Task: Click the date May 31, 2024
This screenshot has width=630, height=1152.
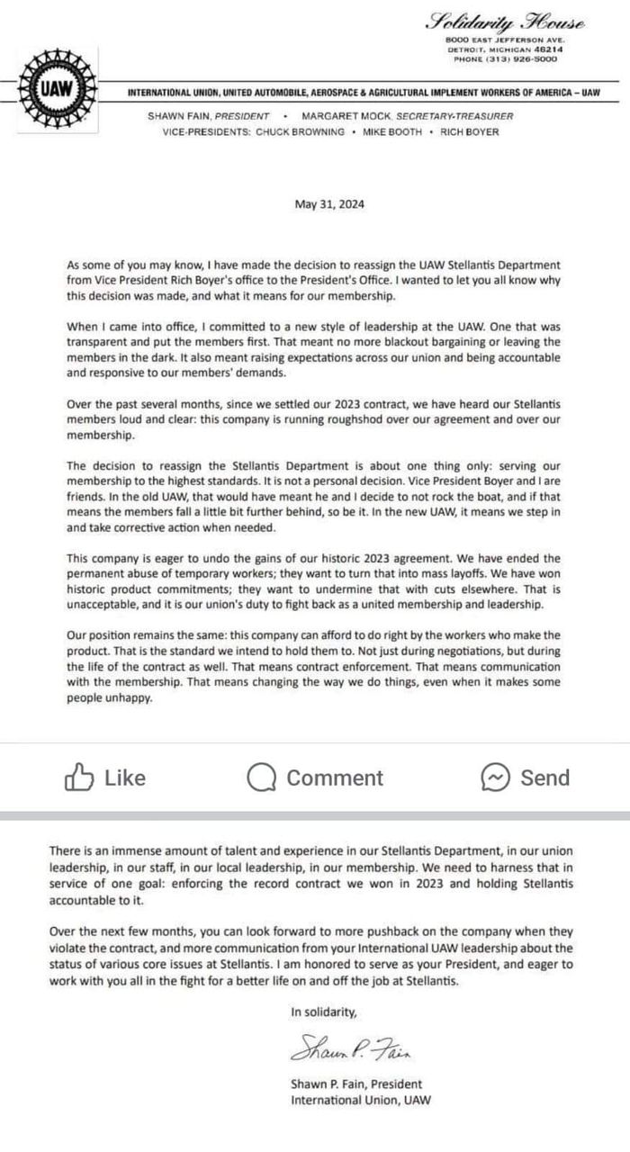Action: [329, 204]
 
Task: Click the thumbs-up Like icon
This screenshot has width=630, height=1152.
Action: [78, 777]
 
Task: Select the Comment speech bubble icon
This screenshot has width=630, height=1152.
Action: [261, 778]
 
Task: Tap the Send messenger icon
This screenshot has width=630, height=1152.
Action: [497, 777]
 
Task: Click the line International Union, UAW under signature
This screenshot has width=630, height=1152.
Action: [361, 1100]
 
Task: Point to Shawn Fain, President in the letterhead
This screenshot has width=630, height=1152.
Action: [209, 116]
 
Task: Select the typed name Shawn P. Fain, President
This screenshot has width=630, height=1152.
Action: [355, 1084]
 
